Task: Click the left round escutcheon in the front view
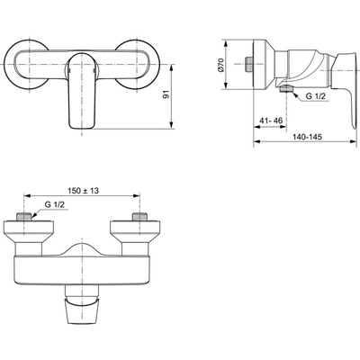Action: pyautogui.click(x=31, y=67)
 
